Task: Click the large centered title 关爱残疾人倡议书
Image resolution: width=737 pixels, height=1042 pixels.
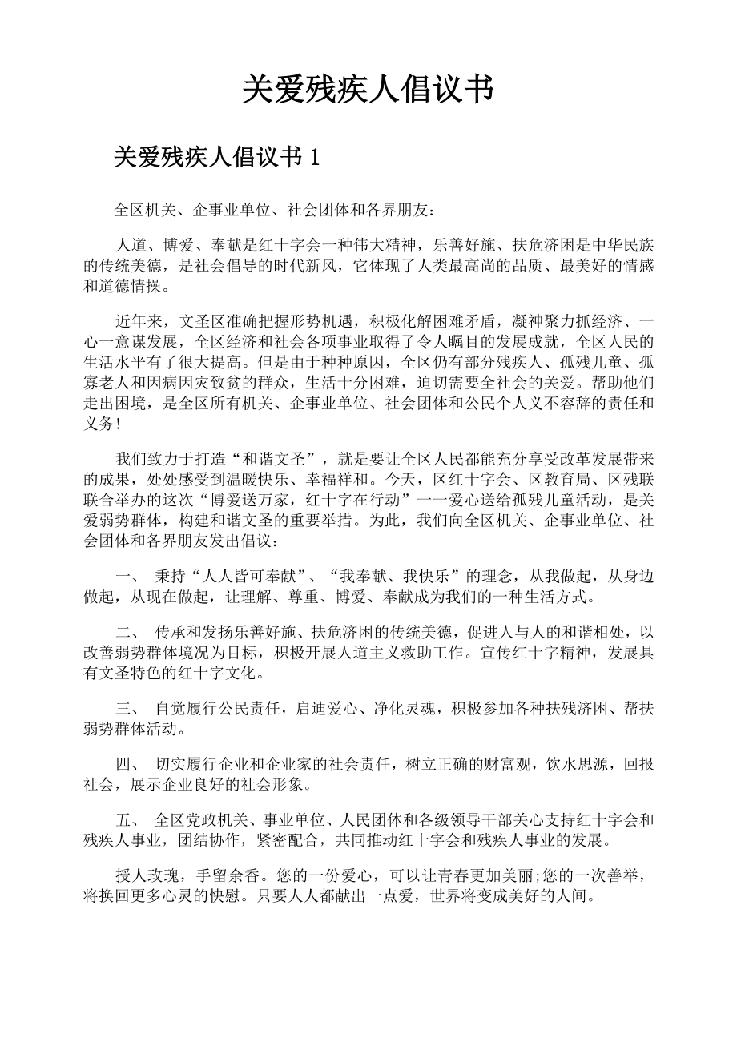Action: point(368,90)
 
